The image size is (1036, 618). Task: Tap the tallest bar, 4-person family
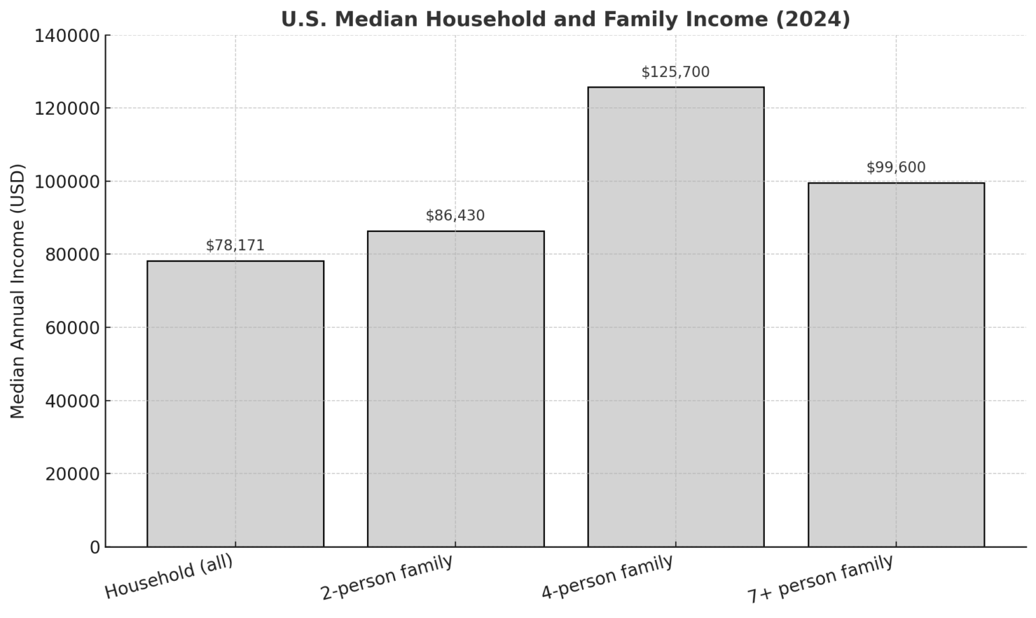[675, 317]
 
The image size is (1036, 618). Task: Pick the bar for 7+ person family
[896, 364]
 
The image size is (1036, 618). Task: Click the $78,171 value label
[235, 246]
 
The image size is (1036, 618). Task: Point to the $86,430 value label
[455, 216]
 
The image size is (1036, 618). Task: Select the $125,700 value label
[675, 72]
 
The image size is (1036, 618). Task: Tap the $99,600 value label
[896, 167]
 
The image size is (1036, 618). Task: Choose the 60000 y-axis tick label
[71, 328]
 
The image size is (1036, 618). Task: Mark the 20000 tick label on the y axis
[71, 474]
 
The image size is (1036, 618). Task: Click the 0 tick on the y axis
[94, 547]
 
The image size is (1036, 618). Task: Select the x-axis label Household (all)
[169, 577]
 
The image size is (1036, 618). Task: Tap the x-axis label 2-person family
[386, 578]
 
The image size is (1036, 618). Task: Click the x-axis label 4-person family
[607, 578]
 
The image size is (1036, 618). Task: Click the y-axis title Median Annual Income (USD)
[18, 291]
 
